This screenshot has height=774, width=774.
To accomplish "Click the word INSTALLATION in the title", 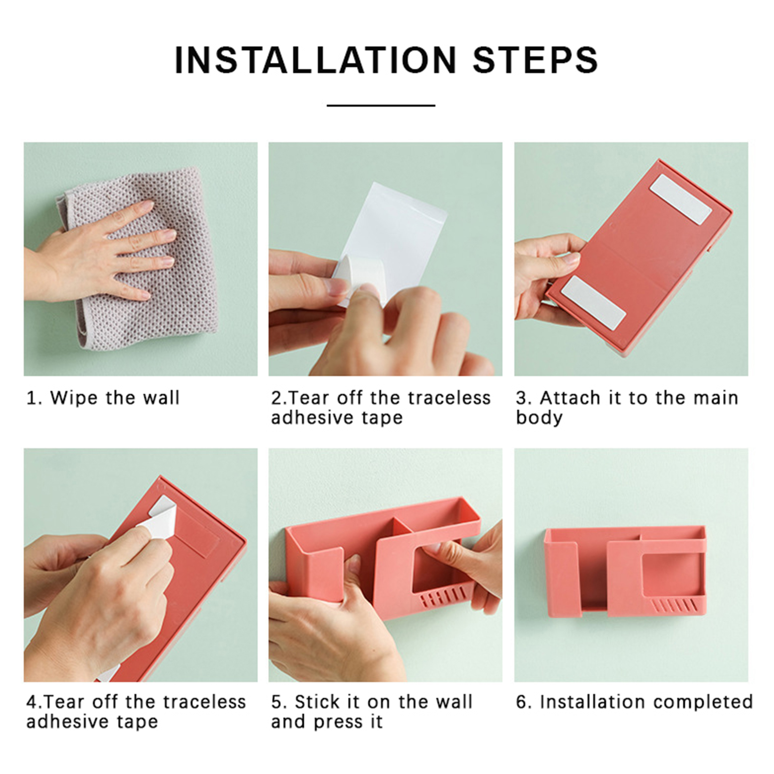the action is pyautogui.click(x=315, y=60).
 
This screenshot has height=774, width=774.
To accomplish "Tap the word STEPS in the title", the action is pyautogui.click(x=536, y=60).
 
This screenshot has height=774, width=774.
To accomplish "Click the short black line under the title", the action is pyautogui.click(x=381, y=105).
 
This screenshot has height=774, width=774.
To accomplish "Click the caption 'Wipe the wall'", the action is pyautogui.click(x=115, y=398).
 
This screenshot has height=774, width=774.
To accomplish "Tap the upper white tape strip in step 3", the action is pyautogui.click(x=681, y=199).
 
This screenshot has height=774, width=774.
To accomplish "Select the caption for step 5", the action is pyautogui.click(x=372, y=712).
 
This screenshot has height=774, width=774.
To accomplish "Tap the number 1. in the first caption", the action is pyautogui.click(x=34, y=398).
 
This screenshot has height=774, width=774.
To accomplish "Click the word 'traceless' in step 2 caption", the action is pyautogui.click(x=449, y=398).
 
